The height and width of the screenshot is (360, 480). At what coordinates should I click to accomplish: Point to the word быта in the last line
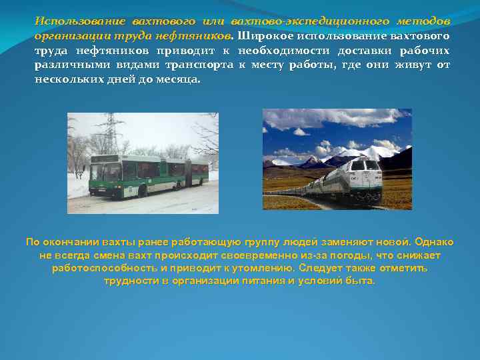363,281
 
